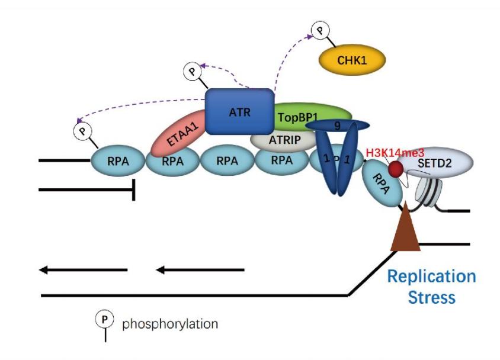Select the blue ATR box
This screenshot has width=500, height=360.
coord(239,111)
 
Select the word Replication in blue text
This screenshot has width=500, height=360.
coord(431,277)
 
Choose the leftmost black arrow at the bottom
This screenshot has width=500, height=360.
coord(83,270)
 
